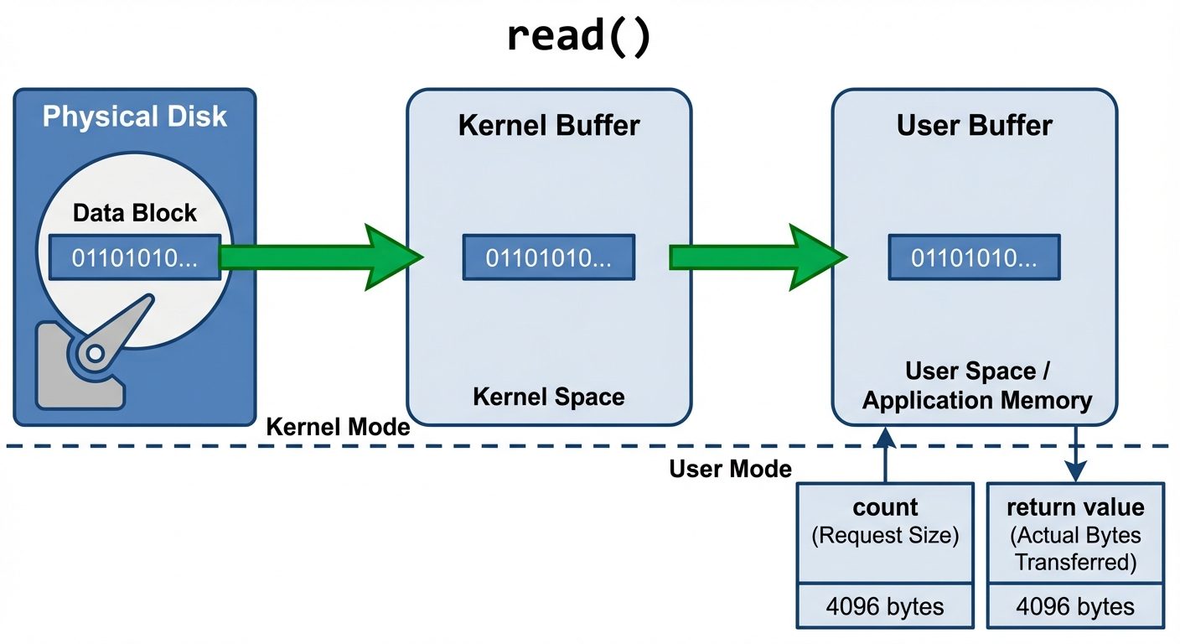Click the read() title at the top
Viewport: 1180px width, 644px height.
pyautogui.click(x=578, y=38)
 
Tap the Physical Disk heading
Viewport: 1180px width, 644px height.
pyautogui.click(x=135, y=116)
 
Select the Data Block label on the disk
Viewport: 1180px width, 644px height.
pyautogui.click(x=135, y=213)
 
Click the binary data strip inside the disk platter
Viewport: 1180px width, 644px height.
pyautogui.click(x=134, y=257)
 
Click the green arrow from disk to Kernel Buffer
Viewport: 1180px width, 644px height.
pyautogui.click(x=318, y=257)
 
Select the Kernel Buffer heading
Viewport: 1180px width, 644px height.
pyautogui.click(x=549, y=126)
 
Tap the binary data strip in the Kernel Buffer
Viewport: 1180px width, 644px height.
pyautogui.click(x=549, y=257)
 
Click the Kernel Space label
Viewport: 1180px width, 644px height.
pyautogui.click(x=549, y=397)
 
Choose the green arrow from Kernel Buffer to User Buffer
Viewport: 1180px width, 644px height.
pyautogui.click(x=754, y=257)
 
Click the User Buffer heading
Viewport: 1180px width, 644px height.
pyautogui.click(x=975, y=126)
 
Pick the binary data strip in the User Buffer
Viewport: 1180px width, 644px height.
pyautogui.click(x=975, y=257)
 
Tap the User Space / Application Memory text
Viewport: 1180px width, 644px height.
pyautogui.click(x=976, y=386)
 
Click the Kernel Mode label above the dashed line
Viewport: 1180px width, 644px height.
pyautogui.click(x=338, y=427)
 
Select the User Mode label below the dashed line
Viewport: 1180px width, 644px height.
pyautogui.click(x=730, y=469)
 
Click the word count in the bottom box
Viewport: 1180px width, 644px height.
pyautogui.click(x=885, y=507)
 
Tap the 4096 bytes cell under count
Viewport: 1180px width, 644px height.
pyautogui.click(x=885, y=606)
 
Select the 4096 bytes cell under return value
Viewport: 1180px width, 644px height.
pyautogui.click(x=1075, y=606)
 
